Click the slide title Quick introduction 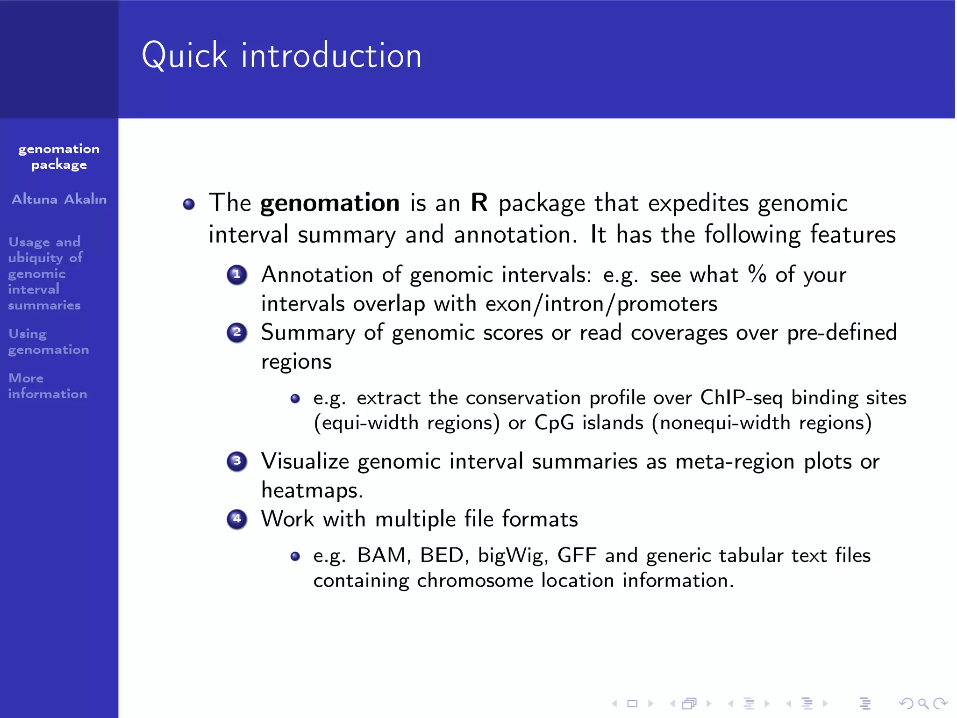(x=282, y=56)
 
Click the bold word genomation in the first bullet (x=330, y=203)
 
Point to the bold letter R (x=479, y=203)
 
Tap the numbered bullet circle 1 (x=237, y=274)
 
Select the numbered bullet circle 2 (x=237, y=332)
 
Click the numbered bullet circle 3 (x=237, y=461)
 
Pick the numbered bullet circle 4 (x=237, y=519)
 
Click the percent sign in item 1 (x=757, y=274)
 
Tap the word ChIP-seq (x=741, y=398)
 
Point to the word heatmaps (x=311, y=490)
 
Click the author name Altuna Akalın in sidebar (x=59, y=200)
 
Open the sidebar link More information (x=47, y=386)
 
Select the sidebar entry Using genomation (x=48, y=342)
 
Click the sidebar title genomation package (x=59, y=157)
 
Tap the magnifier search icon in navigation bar (x=923, y=704)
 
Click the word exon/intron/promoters (x=601, y=304)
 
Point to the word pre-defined (x=842, y=333)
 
